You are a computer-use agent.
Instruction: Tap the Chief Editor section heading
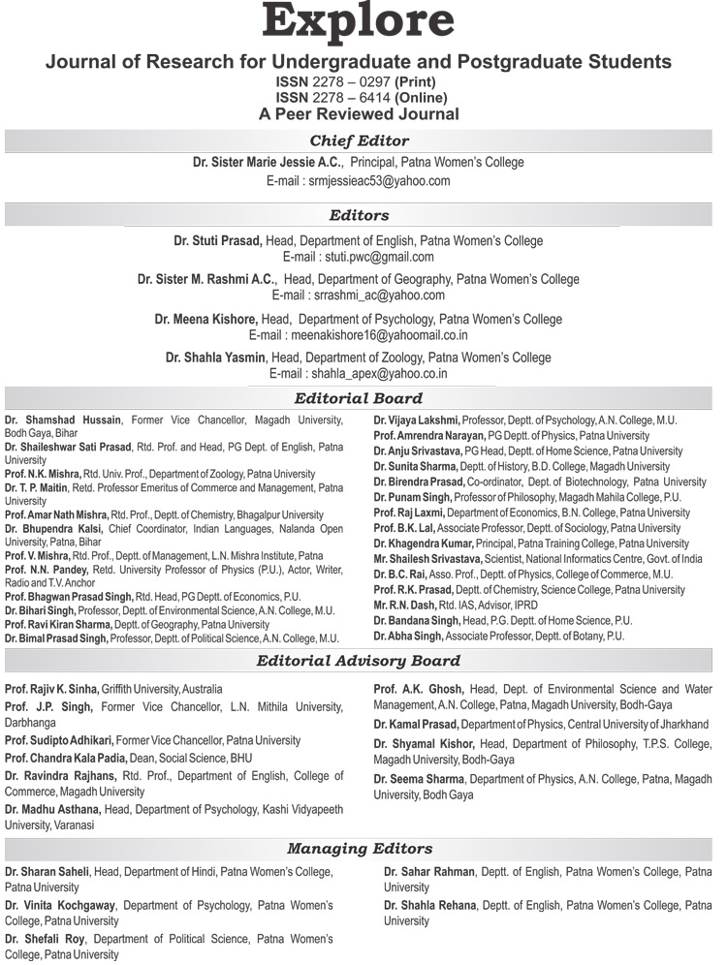coord(359,141)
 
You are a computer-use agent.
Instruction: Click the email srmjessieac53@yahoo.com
coord(359,181)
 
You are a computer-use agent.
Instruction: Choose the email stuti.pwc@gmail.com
coord(359,257)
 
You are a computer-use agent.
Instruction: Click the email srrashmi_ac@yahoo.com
coord(359,296)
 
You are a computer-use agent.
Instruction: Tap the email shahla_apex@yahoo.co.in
coord(359,373)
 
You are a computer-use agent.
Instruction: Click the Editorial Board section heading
coord(359,398)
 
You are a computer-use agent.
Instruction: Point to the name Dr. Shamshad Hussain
coord(63,420)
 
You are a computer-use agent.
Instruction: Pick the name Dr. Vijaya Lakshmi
coord(417,420)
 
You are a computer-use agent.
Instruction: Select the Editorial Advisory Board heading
coord(359,662)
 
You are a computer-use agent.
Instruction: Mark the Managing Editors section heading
coord(359,849)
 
